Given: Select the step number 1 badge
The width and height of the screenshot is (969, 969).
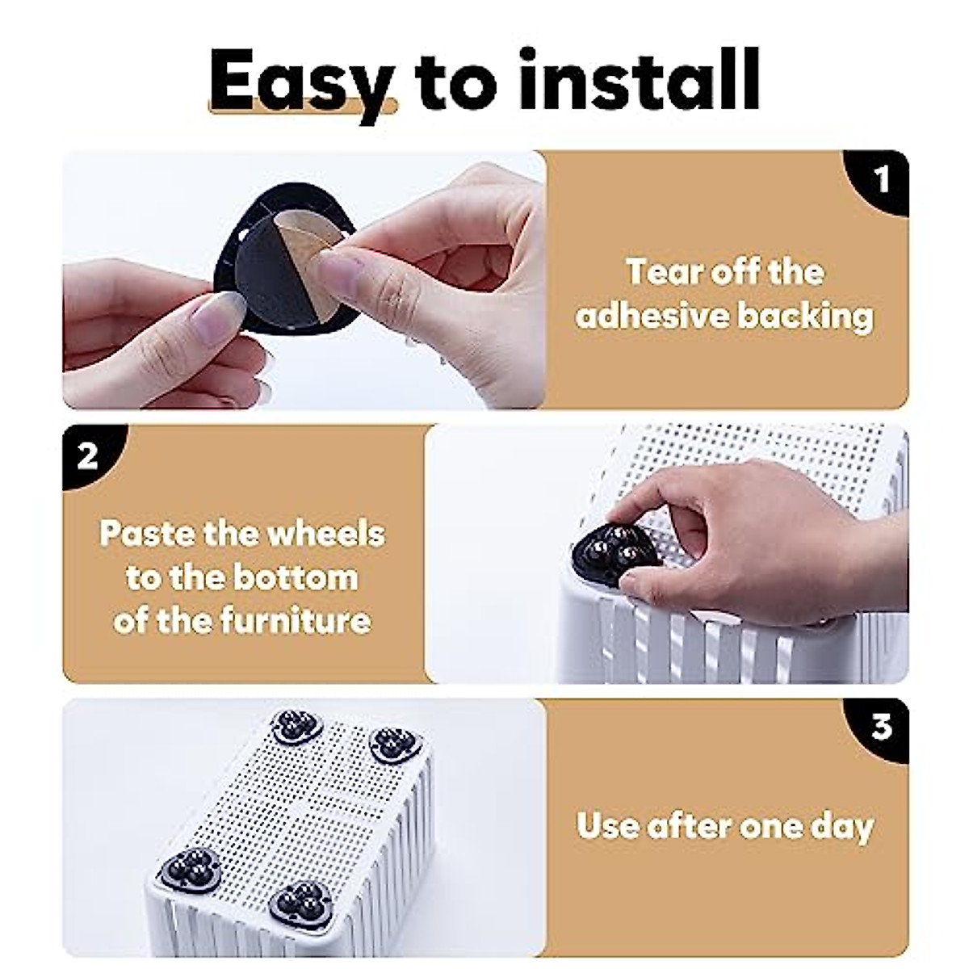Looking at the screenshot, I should click(x=882, y=178).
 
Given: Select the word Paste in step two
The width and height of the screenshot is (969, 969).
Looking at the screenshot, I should click(x=145, y=534).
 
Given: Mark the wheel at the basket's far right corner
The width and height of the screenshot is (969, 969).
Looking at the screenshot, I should click(x=395, y=741).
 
